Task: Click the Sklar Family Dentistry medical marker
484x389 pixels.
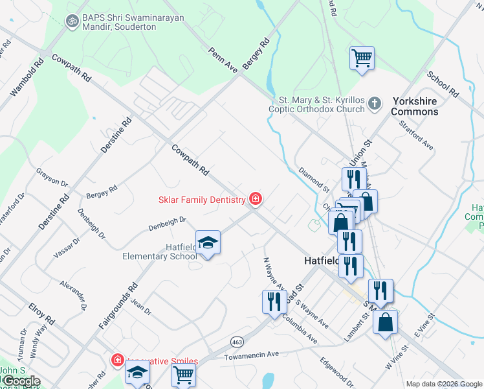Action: click(x=256, y=199)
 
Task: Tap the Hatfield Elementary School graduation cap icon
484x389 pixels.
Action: click(x=208, y=243)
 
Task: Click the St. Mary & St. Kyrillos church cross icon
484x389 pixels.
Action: click(x=374, y=103)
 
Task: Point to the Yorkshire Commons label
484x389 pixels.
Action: click(x=415, y=106)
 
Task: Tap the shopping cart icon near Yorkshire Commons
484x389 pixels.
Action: click(x=362, y=58)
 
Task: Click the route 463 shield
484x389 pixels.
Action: click(x=237, y=340)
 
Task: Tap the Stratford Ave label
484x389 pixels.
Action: click(x=415, y=134)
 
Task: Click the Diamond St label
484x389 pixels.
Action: click(x=314, y=180)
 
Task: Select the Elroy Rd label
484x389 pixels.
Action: click(x=41, y=312)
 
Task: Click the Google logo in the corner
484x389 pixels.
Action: click(x=21, y=381)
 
